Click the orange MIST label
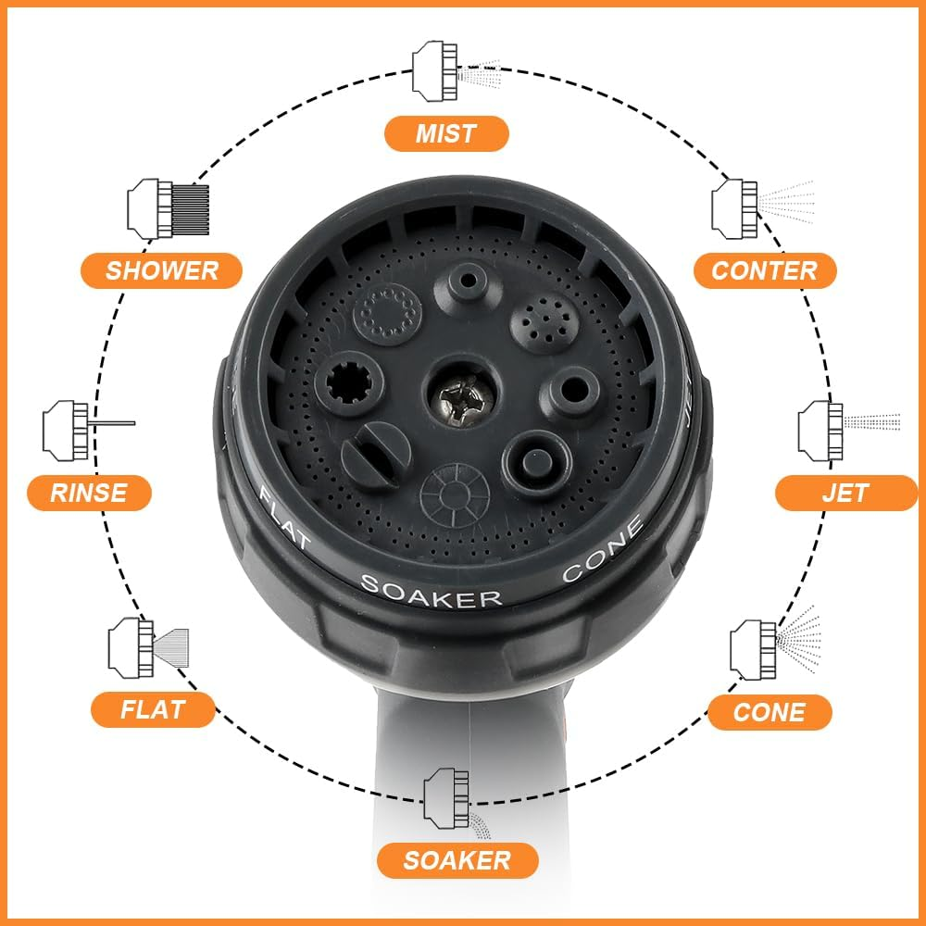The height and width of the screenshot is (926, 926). click(x=446, y=133)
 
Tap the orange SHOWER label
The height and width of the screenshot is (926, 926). click(x=161, y=270)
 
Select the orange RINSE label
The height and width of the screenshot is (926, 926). click(x=89, y=492)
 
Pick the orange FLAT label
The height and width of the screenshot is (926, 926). click(x=153, y=710)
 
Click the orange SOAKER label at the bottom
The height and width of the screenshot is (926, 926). click(x=457, y=860)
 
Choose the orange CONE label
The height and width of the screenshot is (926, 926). click(x=770, y=712)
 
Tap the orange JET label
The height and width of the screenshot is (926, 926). click(x=832, y=492)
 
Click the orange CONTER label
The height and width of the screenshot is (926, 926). click(x=765, y=270)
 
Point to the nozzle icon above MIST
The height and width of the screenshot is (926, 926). click(x=454, y=69)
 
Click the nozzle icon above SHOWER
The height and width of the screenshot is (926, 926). click(x=167, y=207)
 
